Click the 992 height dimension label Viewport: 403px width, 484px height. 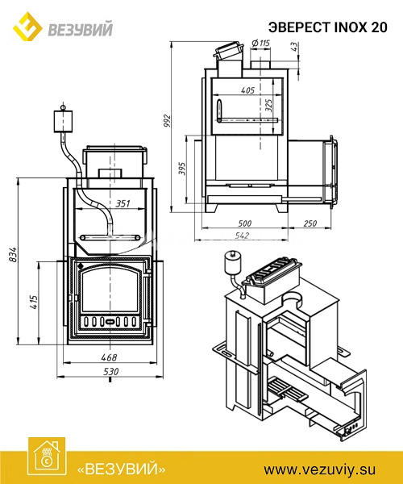[x=167, y=121]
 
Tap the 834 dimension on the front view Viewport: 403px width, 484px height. [x=13, y=255]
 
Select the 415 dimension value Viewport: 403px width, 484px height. [x=34, y=302]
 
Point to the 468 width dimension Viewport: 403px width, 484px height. [x=109, y=357]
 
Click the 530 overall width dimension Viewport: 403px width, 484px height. [x=110, y=371]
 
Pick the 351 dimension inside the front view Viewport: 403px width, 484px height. [x=123, y=204]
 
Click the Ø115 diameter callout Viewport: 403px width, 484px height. [x=260, y=44]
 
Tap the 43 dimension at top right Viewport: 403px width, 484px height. [x=294, y=47]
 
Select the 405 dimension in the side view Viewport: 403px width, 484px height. [x=247, y=90]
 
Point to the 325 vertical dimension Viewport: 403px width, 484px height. [x=268, y=105]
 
